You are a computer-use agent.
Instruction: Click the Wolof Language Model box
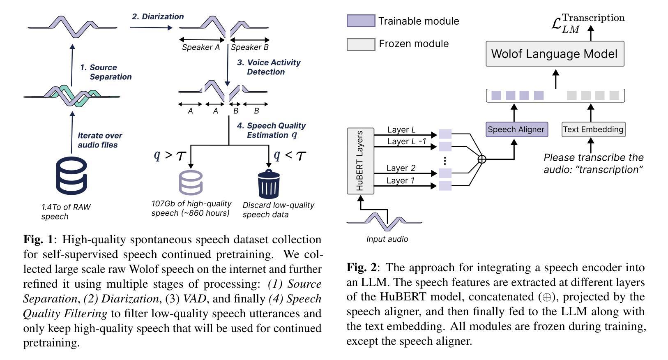[555, 54]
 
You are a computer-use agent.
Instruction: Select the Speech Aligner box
[516, 129]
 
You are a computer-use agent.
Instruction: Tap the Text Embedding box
[593, 129]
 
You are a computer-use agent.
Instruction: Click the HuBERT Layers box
[360, 161]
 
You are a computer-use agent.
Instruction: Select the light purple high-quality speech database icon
[191, 182]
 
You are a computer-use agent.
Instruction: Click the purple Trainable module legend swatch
[361, 21]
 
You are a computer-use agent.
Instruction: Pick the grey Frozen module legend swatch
[361, 44]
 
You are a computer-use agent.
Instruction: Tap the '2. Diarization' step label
[157, 17]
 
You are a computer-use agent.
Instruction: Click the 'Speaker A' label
[200, 47]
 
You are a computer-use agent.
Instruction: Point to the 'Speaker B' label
[249, 47]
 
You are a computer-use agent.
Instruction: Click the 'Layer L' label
[401, 130]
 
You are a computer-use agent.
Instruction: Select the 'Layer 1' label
[400, 180]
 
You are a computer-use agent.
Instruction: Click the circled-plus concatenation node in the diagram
[482, 159]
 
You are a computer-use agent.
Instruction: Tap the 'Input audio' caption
[387, 239]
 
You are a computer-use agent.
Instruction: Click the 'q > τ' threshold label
[170, 155]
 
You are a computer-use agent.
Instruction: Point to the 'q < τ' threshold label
[290, 155]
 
